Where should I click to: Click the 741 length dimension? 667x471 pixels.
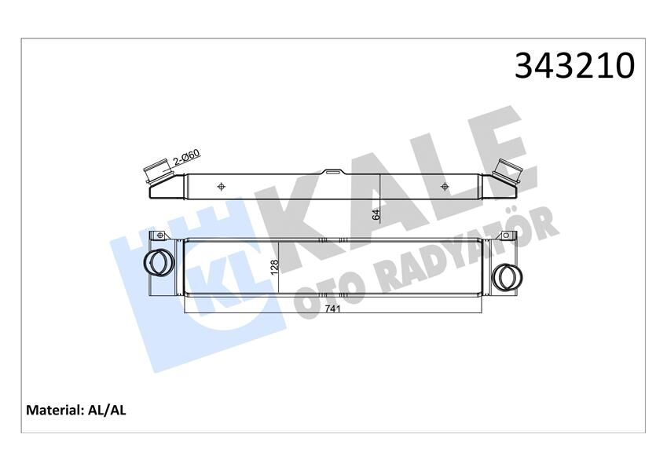click(332, 309)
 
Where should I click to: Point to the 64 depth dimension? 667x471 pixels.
click(376, 213)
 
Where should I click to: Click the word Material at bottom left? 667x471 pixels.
click(55, 410)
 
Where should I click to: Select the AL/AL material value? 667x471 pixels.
click(110, 410)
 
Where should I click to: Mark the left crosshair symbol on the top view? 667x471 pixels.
click(222, 186)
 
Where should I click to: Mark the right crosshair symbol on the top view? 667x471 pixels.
click(445, 186)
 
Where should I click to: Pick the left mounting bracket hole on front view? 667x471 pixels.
click(159, 235)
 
